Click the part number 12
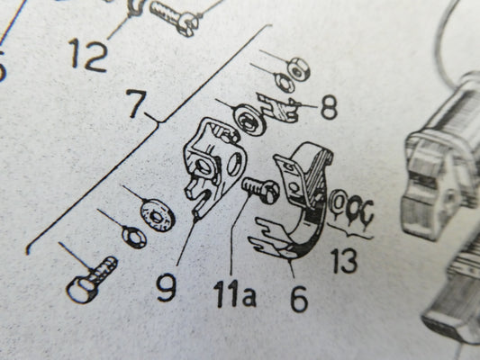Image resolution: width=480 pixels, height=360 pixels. (x=89, y=55)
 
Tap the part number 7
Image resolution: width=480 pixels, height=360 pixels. (x=135, y=103)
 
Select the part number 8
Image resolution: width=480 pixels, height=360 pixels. (x=329, y=107)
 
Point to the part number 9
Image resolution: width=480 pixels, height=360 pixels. (x=167, y=287)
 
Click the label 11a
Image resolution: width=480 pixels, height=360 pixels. (x=235, y=293)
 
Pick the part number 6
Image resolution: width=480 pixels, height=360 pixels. (x=299, y=299)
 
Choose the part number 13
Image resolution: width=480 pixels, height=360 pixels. (x=345, y=261)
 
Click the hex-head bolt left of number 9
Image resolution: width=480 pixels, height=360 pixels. (x=91, y=280)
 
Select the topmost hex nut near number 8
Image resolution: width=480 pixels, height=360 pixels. (x=297, y=68)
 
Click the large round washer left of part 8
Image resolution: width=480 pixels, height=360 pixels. (x=250, y=120)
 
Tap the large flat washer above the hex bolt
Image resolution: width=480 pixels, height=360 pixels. (x=158, y=215)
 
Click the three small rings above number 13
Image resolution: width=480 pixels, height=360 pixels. (x=351, y=205)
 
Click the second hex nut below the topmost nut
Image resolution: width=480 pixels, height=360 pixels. (x=285, y=82)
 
